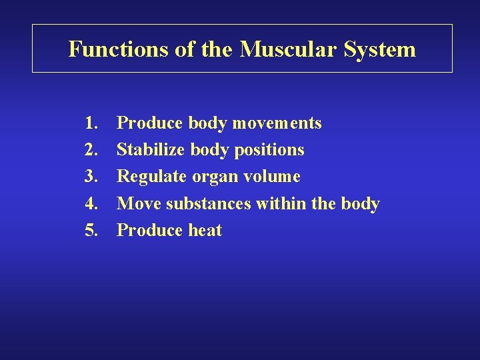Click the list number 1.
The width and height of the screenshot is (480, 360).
coord(92,123)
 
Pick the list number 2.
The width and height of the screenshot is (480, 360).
coord(92,150)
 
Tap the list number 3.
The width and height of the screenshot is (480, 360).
coord(92,177)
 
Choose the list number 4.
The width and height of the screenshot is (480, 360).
coord(92,203)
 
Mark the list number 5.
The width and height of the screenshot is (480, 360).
coord(92,231)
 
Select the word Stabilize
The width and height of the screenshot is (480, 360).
coord(151,150)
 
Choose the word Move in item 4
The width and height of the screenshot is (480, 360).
coord(139,203)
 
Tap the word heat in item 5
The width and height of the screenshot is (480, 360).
coord(205,231)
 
